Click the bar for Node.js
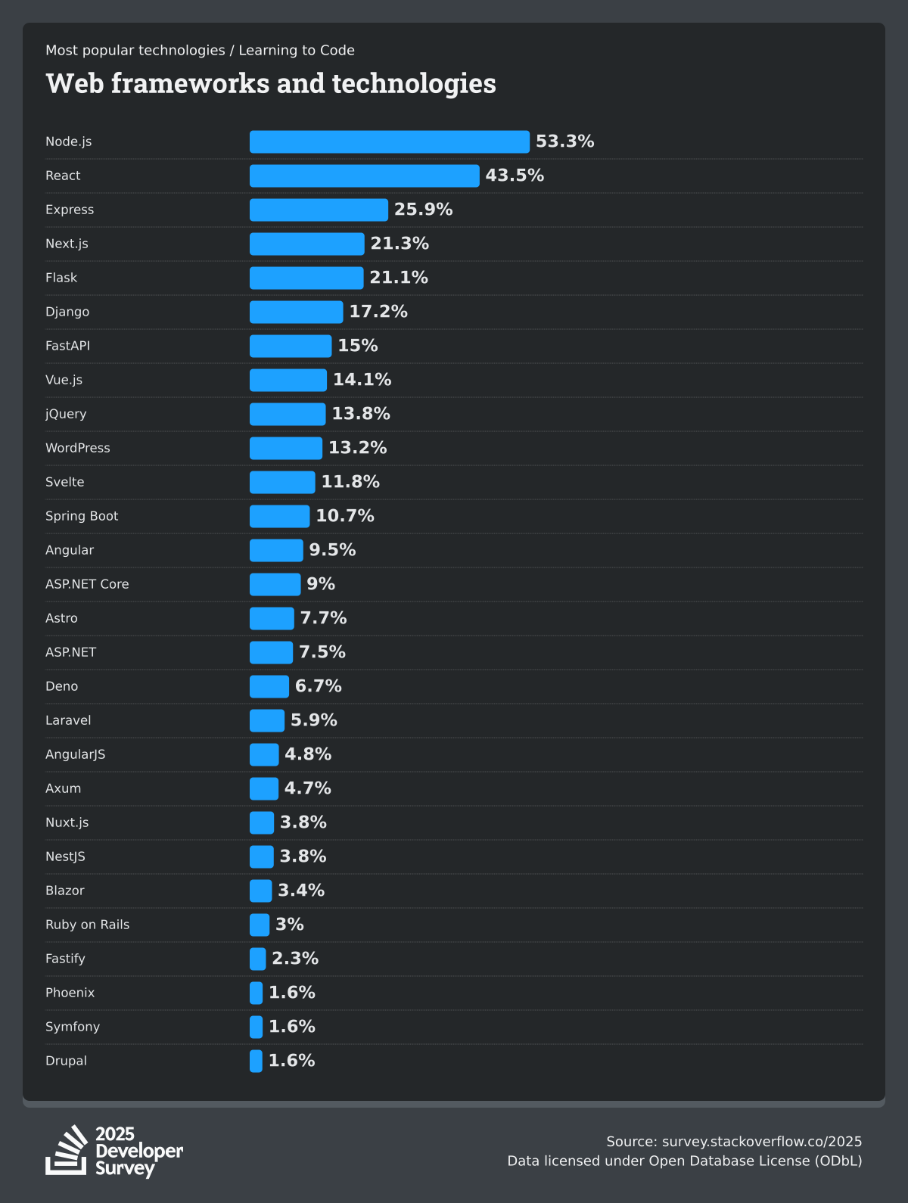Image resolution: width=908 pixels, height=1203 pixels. point(390,141)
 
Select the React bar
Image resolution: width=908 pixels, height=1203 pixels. point(364,176)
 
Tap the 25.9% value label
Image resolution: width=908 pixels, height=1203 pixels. point(423,210)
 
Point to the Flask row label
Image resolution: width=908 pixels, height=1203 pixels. point(61,278)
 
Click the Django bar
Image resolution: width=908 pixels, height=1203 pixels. point(296,312)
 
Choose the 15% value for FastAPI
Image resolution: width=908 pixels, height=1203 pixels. point(357,346)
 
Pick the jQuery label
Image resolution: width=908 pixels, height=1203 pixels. point(66,414)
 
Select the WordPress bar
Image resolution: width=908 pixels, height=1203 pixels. point(286,448)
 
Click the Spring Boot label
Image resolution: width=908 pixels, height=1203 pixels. point(82,516)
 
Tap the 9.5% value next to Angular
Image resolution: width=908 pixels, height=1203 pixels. point(332,550)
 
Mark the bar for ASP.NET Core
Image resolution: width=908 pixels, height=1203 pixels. point(275,584)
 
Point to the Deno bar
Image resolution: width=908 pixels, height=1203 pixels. point(269,686)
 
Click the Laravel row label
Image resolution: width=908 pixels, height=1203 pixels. point(68,720)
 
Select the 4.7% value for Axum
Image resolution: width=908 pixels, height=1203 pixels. point(307,788)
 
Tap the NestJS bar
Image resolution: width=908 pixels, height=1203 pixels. point(262,856)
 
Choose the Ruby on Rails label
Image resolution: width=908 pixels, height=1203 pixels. point(87,925)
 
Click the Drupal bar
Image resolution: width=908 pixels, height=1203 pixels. point(257,1061)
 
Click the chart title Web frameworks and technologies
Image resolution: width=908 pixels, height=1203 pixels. point(271,83)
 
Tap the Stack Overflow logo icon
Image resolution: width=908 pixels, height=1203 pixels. point(67,1151)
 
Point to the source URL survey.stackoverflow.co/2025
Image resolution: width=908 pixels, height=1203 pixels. point(761,1142)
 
